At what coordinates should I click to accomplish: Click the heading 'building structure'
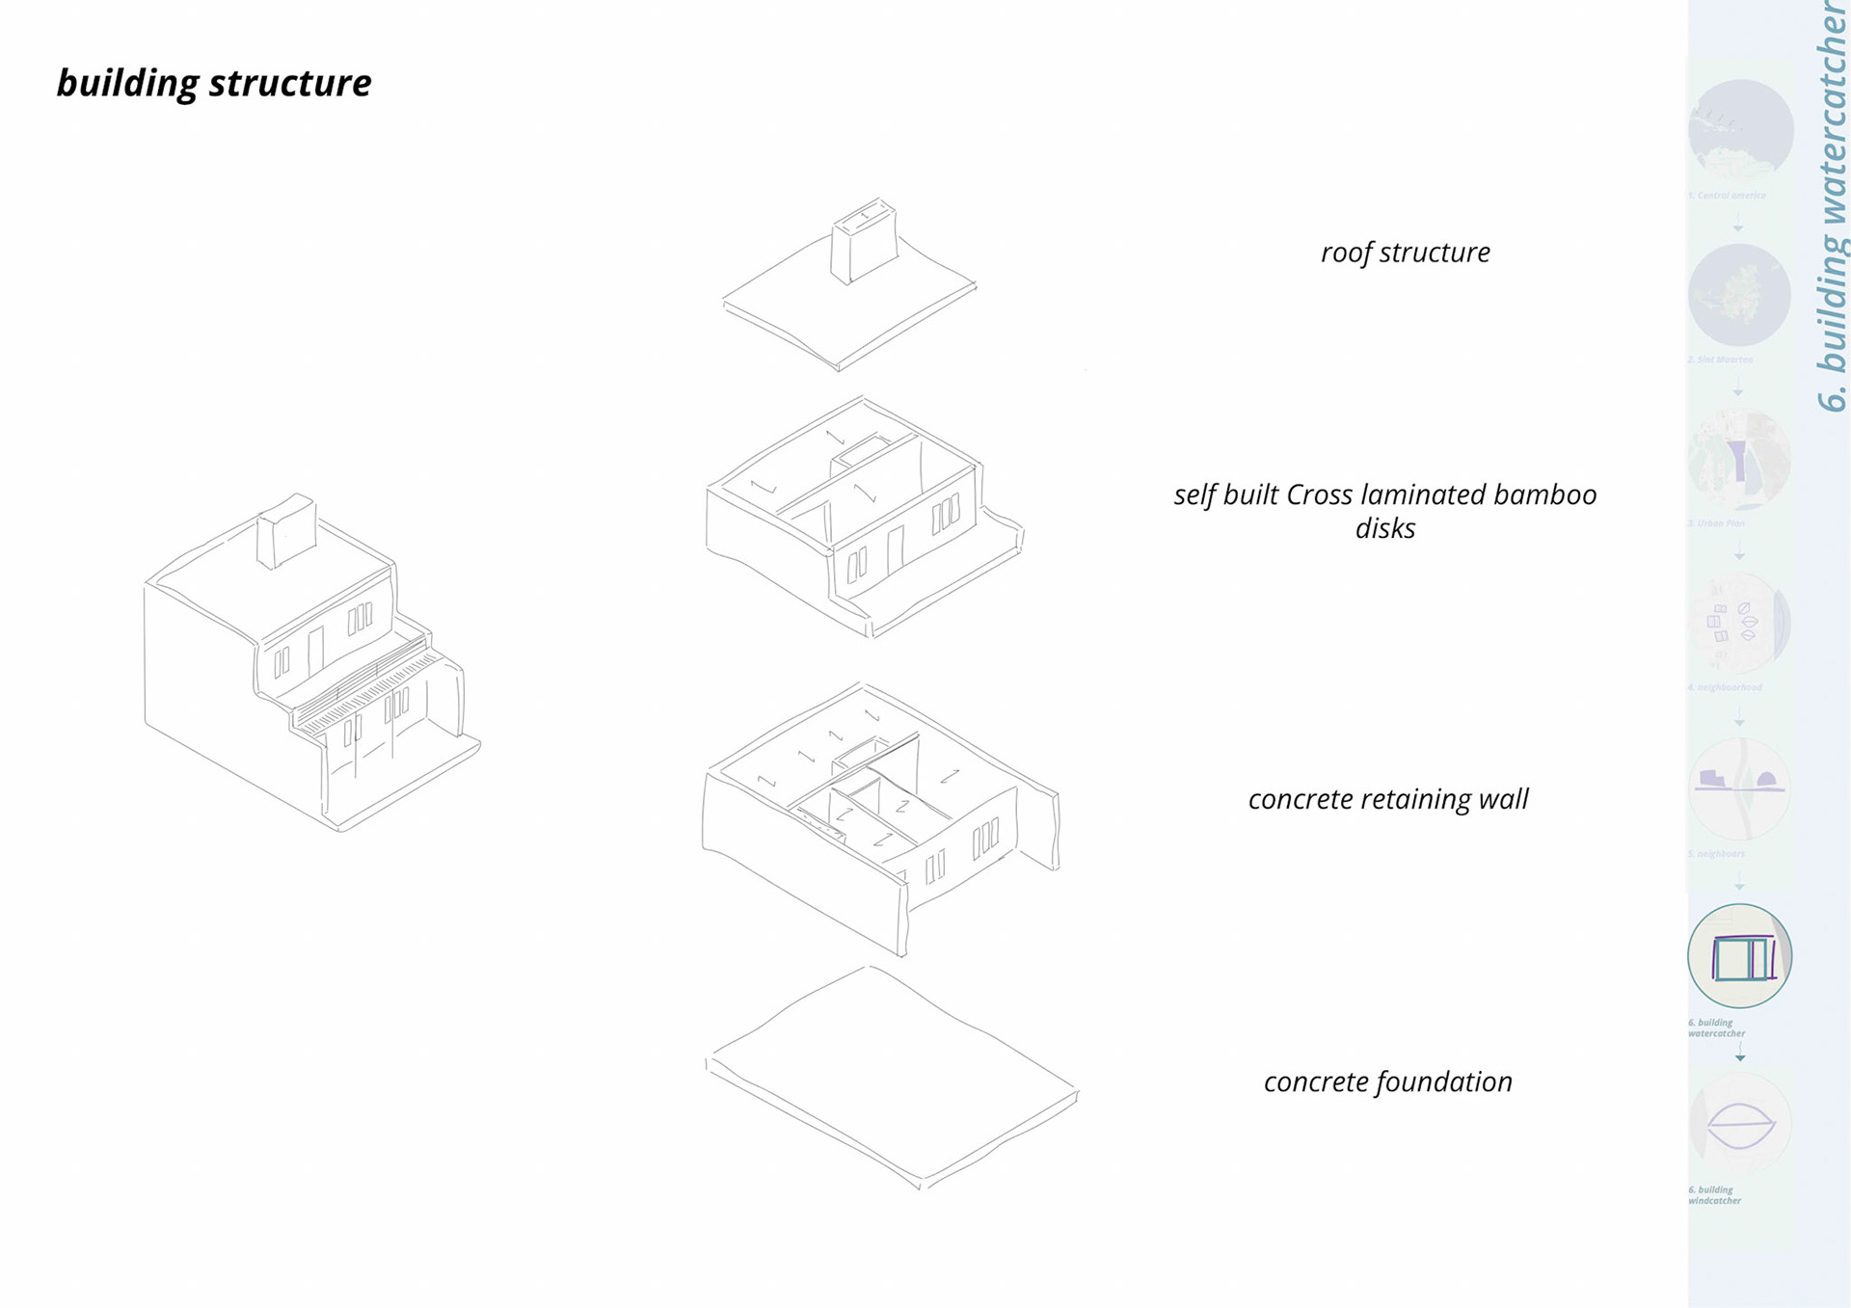[214, 84]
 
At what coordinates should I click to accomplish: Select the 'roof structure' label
[1405, 253]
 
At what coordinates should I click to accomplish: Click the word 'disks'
[1384, 528]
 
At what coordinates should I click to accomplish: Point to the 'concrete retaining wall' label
[1388, 799]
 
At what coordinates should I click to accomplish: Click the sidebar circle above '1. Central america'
[1740, 131]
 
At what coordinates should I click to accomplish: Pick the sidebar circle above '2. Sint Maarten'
[1739, 295]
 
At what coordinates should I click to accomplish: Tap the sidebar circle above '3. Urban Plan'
[1739, 460]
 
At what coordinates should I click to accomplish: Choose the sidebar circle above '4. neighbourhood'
[1739, 624]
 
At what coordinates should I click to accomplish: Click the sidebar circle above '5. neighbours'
[1739, 789]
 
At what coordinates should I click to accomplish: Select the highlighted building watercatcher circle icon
[1739, 956]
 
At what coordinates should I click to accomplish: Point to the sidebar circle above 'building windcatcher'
[1739, 1123]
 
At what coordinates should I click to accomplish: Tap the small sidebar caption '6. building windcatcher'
[1714, 1195]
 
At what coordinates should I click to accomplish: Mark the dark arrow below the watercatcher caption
[1740, 1057]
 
